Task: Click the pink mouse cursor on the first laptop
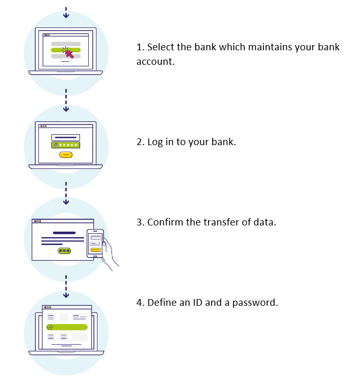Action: coord(70,54)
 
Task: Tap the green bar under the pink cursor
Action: coord(65,50)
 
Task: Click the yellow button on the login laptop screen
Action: coord(66,154)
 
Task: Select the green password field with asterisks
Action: coord(66,145)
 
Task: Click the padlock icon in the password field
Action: coord(56,145)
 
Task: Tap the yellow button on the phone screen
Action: coord(95,250)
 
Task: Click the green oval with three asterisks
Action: coord(64,251)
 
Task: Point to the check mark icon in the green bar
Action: coord(50,327)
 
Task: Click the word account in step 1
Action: coord(156,62)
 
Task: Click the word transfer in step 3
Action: coord(221,222)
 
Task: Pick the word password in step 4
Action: coord(255,303)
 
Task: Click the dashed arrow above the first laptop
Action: coord(66,12)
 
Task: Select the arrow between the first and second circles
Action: coord(66,100)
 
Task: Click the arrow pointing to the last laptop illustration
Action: coord(66,287)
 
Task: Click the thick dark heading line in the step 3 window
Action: coord(64,233)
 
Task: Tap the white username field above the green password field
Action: coord(65,137)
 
